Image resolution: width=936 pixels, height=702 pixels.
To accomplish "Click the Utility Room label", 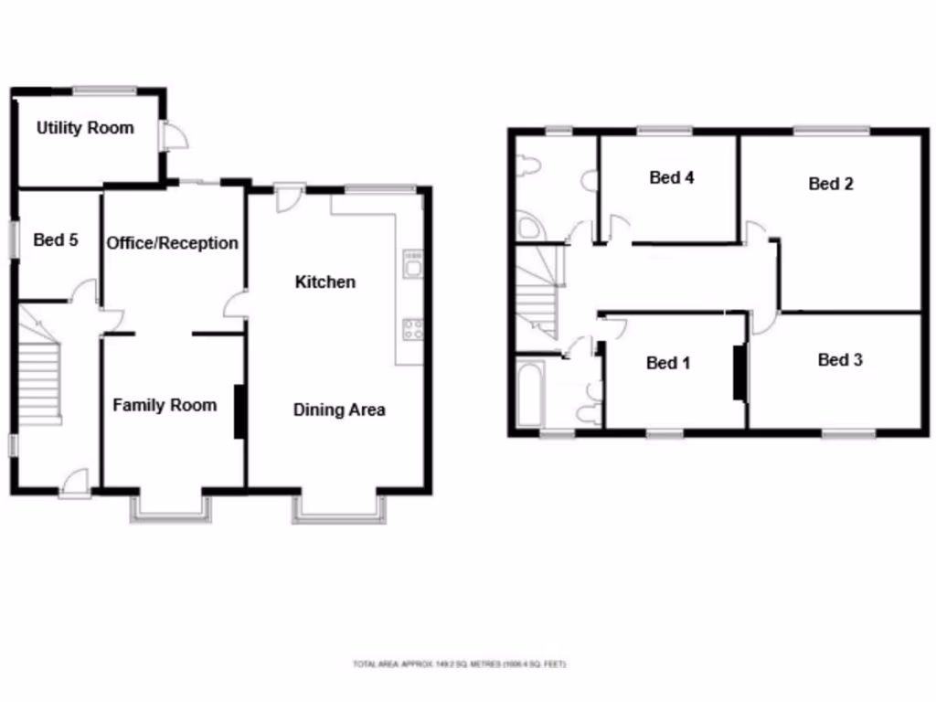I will point(85,128).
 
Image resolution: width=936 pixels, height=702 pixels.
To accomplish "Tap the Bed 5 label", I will point(56,240).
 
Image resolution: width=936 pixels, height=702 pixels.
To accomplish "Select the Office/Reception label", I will point(173,243).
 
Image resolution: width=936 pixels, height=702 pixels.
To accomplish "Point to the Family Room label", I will point(165,405).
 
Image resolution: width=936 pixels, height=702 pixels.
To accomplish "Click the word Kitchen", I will point(324,282).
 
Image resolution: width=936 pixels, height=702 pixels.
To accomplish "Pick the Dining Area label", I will point(339,409).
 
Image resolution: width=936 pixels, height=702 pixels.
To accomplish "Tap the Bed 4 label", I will point(672,177).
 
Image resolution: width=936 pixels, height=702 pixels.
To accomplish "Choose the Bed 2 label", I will point(831,184).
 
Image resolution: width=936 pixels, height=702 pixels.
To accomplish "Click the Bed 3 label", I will point(840,360).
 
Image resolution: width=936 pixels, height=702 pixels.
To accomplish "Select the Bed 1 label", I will point(668,363).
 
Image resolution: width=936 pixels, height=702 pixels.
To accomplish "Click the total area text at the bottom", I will point(460,664).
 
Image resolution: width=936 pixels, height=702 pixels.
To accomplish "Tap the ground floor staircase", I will point(40,379).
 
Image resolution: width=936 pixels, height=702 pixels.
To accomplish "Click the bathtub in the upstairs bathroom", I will point(530,393).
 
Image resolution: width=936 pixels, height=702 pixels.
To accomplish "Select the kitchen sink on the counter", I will point(412,266).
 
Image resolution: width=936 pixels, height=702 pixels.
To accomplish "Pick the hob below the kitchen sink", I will point(412,327).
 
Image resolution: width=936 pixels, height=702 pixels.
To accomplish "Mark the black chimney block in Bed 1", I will point(739,372).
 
